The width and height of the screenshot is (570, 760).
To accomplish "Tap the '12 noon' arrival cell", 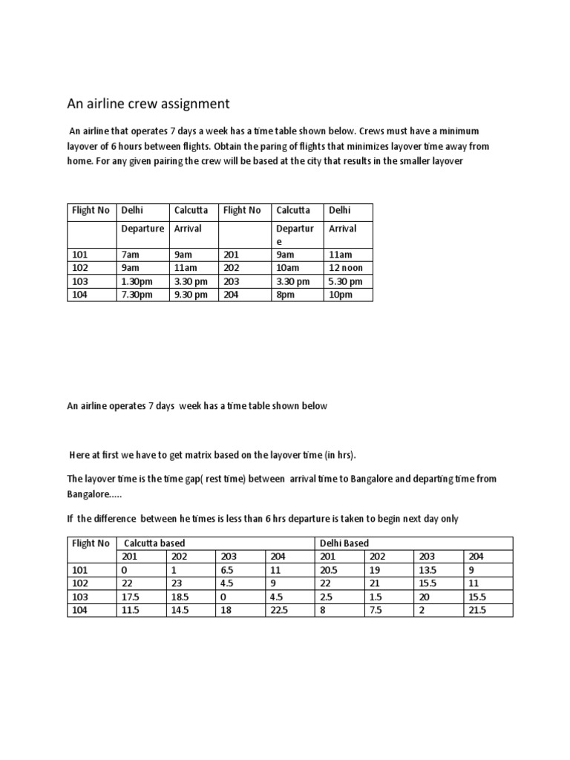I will tap(345, 268).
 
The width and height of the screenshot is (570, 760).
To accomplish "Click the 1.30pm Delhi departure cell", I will tap(137, 281).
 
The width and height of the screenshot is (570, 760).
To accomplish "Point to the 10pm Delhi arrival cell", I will tap(341, 295).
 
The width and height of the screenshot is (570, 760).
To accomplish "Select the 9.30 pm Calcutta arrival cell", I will tap(190, 295).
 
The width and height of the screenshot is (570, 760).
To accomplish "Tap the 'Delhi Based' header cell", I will tap(343, 543).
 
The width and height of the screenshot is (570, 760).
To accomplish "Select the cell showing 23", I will tap(176, 583).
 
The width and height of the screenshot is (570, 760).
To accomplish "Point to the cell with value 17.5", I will tap(130, 597).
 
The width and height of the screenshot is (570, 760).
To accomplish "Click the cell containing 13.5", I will tap(427, 570).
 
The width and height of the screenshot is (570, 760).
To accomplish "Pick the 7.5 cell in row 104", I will tap(376, 610).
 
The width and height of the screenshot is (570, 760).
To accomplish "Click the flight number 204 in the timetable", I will tap(231, 295).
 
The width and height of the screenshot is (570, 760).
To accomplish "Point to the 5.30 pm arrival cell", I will tap(345, 281).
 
